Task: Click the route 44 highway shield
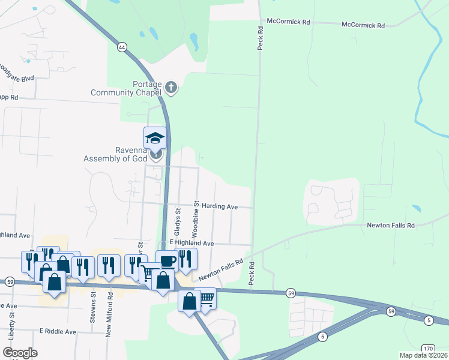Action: tap(122, 47)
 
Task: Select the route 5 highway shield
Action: tap(429, 320)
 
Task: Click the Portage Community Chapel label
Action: tap(126, 88)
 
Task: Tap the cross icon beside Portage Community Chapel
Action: tap(171, 88)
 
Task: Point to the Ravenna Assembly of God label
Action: tap(115, 155)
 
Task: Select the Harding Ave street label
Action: tap(219, 206)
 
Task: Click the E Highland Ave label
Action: tap(191, 243)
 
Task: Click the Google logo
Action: tap(20, 352)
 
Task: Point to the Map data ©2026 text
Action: tap(423, 355)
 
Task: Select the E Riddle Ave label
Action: tap(58, 331)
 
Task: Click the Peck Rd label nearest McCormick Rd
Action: tap(261, 37)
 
